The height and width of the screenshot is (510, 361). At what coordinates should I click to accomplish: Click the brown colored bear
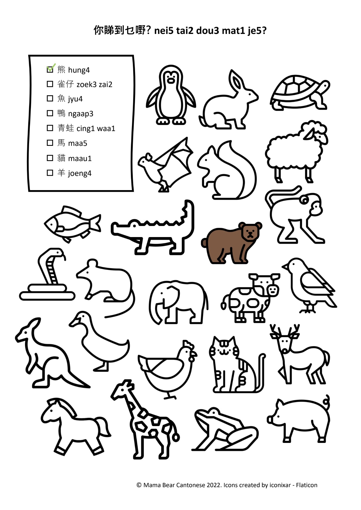coord(231,243)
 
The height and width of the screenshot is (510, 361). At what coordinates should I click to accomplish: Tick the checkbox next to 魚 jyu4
coord(50,98)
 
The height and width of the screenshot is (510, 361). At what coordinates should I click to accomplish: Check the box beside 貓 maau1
coord(50,158)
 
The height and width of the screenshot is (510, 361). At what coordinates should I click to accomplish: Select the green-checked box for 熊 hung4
coord(50,69)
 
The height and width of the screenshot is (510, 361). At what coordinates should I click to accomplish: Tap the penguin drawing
coord(171,95)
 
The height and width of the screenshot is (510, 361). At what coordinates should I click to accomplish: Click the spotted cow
coord(250,298)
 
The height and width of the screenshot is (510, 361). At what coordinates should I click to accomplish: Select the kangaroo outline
coord(49,353)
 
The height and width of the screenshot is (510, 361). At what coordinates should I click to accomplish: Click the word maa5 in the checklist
coord(78,143)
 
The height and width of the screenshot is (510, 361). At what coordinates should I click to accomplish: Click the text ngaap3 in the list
coord(81,114)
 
